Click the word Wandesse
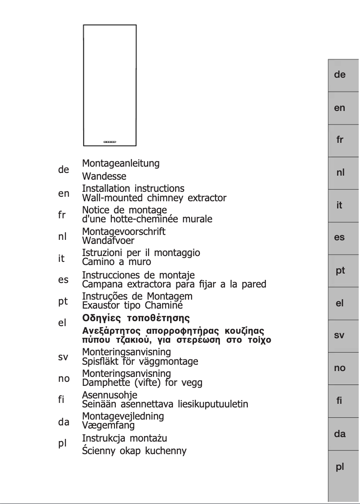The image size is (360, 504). [104, 177]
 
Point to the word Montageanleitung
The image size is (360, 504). [121, 164]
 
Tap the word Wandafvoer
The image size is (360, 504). [108, 240]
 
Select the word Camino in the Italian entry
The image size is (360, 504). [97, 261]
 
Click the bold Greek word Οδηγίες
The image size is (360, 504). [101, 318]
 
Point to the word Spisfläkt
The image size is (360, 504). [101, 361]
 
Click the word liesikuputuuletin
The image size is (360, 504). [213, 404]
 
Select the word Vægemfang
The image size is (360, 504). [108, 425]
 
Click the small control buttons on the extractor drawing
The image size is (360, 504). [110, 142]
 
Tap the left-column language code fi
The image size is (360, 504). [62, 400]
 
